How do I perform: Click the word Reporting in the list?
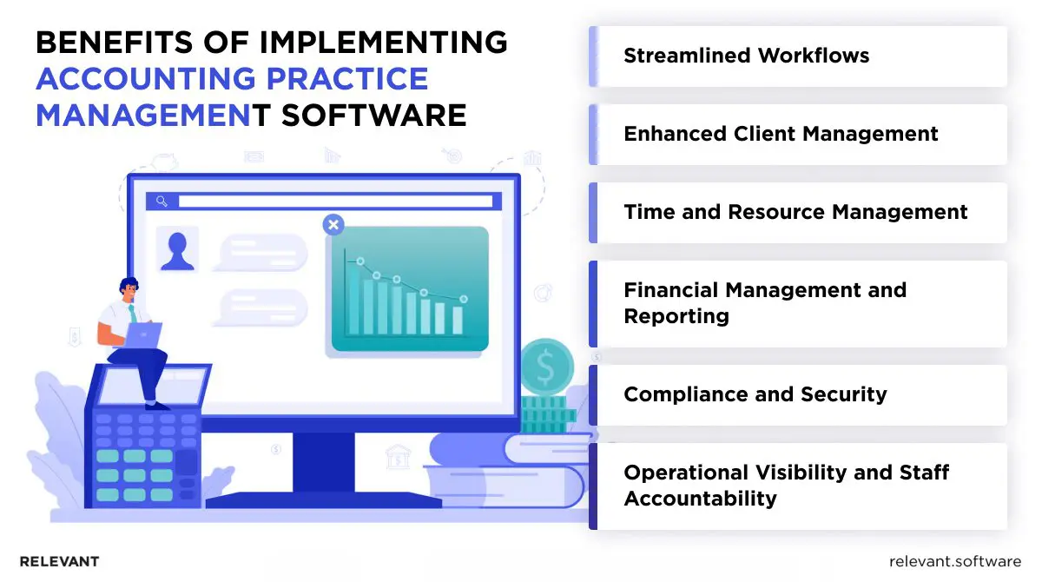[676, 316]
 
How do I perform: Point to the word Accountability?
[700, 499]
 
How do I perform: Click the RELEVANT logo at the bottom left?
[59, 561]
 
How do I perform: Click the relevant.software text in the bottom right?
[955, 561]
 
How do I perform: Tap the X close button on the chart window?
[333, 226]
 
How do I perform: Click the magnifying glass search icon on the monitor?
[162, 202]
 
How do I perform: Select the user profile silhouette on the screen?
[177, 249]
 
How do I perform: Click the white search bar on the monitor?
[334, 202]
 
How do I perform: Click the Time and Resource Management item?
[795, 213]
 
